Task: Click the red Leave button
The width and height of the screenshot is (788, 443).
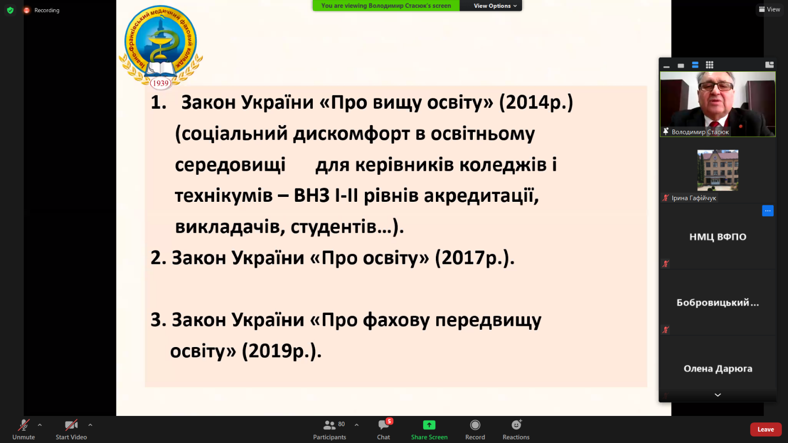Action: (x=765, y=429)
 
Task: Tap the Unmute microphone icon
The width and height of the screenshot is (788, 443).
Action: (x=24, y=425)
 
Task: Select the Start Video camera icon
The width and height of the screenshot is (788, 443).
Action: (x=71, y=425)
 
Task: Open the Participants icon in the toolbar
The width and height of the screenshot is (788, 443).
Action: (x=329, y=425)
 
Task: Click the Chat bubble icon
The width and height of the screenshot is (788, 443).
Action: (x=384, y=425)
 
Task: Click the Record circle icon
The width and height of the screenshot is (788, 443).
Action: (x=475, y=425)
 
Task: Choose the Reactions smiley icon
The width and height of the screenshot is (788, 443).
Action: (x=516, y=425)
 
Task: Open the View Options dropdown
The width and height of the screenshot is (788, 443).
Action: (x=495, y=5)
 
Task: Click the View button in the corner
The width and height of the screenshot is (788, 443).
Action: (x=769, y=9)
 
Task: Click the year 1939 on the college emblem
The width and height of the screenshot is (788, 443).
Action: (x=161, y=83)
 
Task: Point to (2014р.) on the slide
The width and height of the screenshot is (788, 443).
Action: (x=536, y=103)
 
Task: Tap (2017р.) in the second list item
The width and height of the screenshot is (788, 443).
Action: (x=475, y=258)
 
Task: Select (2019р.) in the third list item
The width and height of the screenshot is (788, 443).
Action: (x=281, y=351)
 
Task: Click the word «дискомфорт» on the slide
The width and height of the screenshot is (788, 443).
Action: (x=352, y=133)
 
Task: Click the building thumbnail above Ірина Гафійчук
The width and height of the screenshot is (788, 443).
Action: (x=718, y=170)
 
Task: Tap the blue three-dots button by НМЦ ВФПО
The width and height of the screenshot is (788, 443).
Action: (x=768, y=211)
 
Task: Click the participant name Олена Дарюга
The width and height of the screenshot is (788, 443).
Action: (x=718, y=369)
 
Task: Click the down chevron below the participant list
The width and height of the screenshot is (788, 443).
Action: (x=718, y=395)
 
